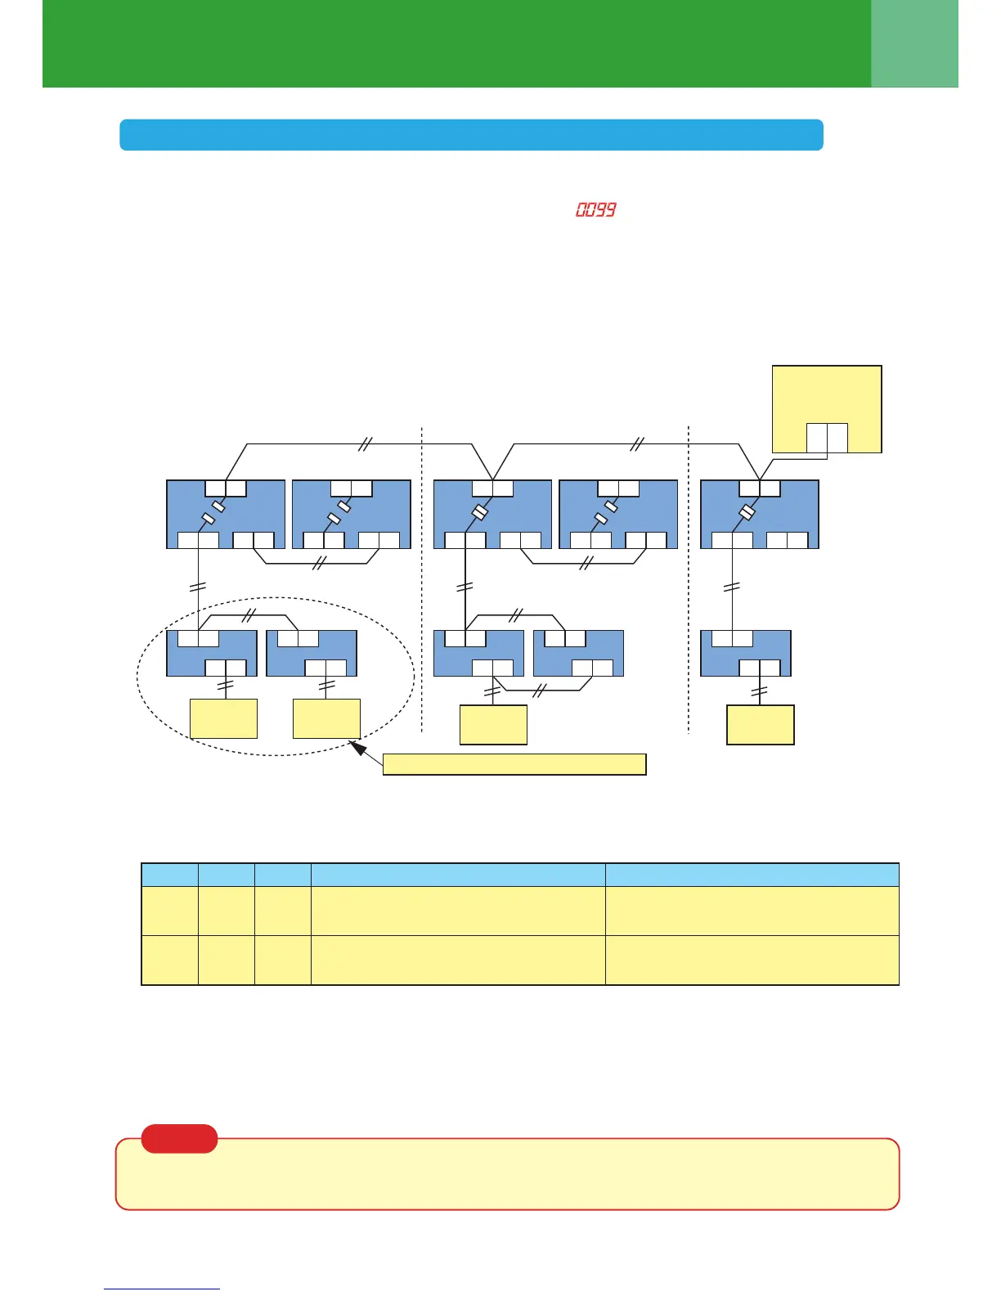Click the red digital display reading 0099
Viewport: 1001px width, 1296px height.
coord(595,210)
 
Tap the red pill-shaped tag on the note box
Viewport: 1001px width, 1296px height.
coord(179,1138)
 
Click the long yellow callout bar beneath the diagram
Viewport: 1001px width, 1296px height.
coord(514,764)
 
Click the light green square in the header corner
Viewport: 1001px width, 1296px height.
coord(914,43)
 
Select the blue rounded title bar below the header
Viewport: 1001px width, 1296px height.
coord(471,135)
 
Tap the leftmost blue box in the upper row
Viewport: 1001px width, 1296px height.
coord(226,514)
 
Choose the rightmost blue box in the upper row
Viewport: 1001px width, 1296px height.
coord(760,514)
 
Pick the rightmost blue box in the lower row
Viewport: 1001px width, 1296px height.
coord(746,653)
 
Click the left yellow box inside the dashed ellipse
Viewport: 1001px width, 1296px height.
coord(223,718)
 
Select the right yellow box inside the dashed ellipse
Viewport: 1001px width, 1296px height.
coord(326,718)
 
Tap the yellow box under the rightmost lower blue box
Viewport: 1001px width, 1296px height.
coord(761,724)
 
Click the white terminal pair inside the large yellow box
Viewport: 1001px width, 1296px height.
coord(827,438)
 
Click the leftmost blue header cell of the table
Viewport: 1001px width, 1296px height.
coord(170,874)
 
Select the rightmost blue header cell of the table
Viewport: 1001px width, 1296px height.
coord(752,874)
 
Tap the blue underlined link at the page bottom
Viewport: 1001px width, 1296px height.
coord(162,1289)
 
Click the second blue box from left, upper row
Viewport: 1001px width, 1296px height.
coord(352,514)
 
